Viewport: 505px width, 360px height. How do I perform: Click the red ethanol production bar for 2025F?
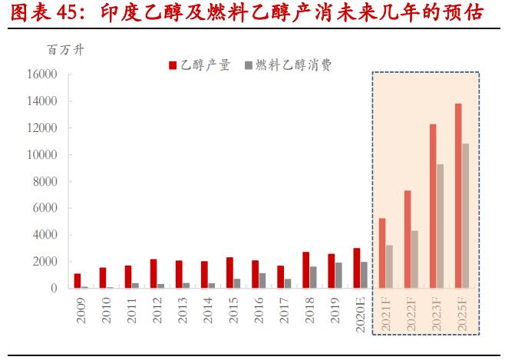[458, 196]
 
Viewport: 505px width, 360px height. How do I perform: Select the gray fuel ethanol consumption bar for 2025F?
[465, 216]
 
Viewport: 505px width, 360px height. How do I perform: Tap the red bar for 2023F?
[433, 206]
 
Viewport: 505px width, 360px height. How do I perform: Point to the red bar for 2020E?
[357, 268]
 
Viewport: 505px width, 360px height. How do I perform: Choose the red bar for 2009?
[78, 281]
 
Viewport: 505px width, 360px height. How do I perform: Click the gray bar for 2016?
[262, 280]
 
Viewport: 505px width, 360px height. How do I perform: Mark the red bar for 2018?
[305, 270]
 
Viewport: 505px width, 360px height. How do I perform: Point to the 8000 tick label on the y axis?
[45, 181]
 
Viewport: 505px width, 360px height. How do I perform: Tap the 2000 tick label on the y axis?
[45, 262]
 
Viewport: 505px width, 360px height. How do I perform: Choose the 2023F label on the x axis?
[436, 315]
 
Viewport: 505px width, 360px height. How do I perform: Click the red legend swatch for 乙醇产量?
[173, 65]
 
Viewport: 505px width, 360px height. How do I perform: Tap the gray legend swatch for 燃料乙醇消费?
[248, 65]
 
